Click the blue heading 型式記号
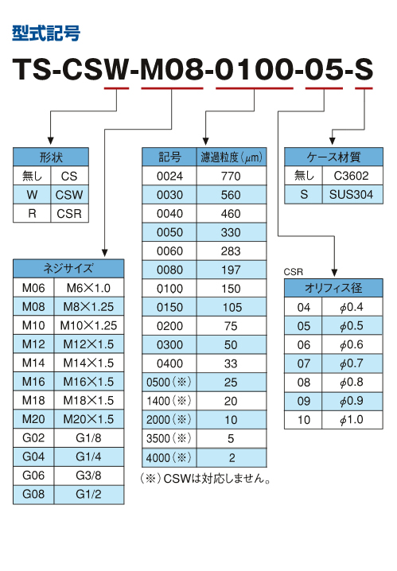(x=46, y=33)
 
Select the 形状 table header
(x=51, y=157)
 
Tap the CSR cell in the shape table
(x=69, y=213)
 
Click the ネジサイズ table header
(x=68, y=269)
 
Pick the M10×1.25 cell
(x=89, y=325)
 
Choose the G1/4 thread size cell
(x=89, y=456)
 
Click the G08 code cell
(x=33, y=494)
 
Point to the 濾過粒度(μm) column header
(x=232, y=157)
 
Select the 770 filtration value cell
(x=232, y=176)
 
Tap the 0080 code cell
(x=169, y=270)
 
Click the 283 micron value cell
(x=232, y=251)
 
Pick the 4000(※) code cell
(x=169, y=458)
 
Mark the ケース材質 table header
(x=333, y=157)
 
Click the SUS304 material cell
(x=352, y=195)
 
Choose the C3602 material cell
(x=352, y=176)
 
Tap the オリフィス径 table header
(x=333, y=288)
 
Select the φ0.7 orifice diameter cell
(x=352, y=363)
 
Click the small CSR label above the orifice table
(x=294, y=272)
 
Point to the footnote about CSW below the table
(x=205, y=478)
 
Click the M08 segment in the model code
(x=172, y=69)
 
